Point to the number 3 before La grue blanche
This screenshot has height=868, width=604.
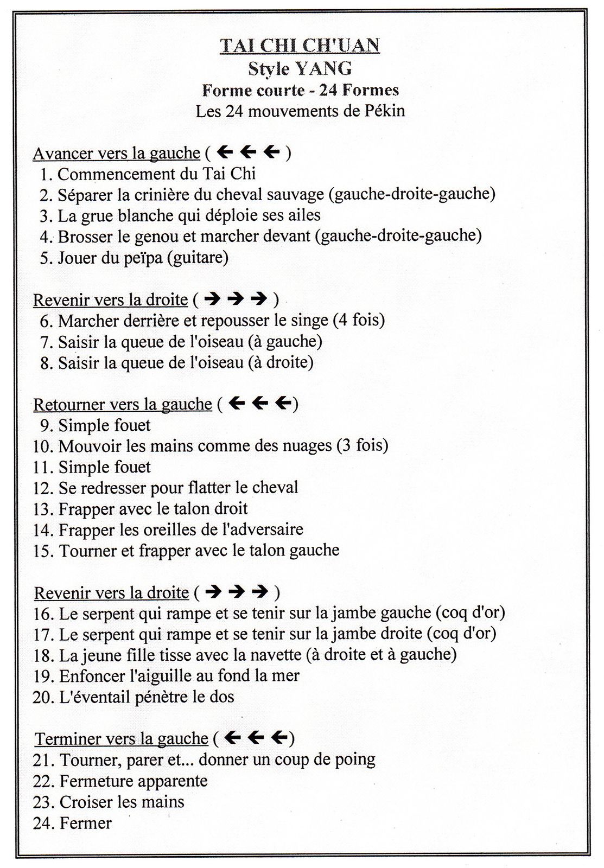[x=45, y=216]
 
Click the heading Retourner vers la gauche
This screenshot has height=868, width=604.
[x=123, y=405]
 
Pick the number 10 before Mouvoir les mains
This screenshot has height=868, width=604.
[x=42, y=446]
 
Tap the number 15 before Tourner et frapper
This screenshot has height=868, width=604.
[x=43, y=551]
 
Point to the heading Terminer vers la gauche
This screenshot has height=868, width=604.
[x=122, y=739]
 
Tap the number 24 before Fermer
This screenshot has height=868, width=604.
[x=43, y=824]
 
